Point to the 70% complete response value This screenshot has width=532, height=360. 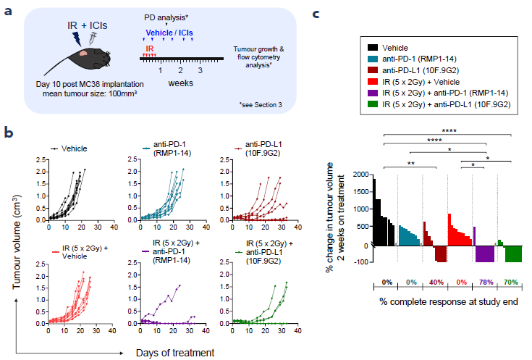pos(511,282)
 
